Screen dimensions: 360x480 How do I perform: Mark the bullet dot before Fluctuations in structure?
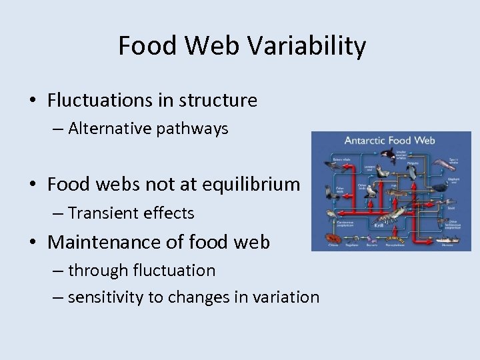point(33,101)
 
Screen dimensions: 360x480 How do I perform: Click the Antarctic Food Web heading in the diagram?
point(389,141)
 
